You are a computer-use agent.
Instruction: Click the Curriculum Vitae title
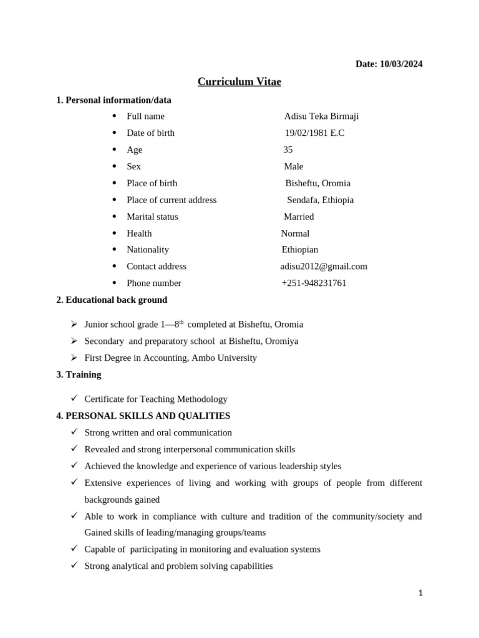(239, 82)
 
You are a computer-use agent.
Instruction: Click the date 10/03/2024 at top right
(389, 64)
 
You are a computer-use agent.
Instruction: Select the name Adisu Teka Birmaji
(321, 117)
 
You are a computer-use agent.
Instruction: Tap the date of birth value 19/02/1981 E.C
(314, 133)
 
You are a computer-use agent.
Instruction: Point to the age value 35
(288, 150)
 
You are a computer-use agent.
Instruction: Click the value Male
(293, 166)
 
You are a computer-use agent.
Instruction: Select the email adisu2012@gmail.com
(324, 267)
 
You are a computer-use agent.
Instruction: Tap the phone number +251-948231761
(314, 283)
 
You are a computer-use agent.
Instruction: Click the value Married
(299, 217)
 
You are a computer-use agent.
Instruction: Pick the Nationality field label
(148, 250)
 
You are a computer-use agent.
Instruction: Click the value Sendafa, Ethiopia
(320, 200)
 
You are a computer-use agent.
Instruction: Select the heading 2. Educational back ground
(112, 300)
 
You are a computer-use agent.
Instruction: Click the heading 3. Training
(79, 374)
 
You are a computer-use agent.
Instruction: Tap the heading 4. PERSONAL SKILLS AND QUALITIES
(143, 416)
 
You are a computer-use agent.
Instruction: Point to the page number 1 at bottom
(420, 593)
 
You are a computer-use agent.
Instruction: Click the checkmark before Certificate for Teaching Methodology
(74, 398)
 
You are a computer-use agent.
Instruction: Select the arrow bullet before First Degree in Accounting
(74, 358)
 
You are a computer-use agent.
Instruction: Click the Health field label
(139, 234)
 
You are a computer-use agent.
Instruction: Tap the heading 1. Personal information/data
(114, 100)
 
